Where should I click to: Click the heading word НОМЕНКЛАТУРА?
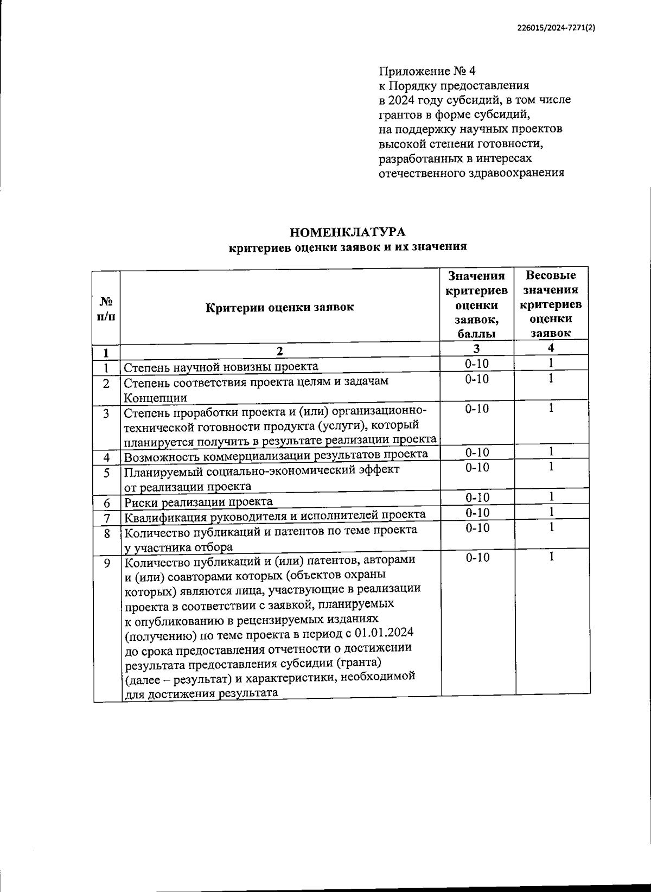click(x=348, y=232)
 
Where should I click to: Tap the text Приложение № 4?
click(x=427, y=71)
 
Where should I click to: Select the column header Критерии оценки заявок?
click(x=279, y=307)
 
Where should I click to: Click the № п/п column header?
click(x=106, y=308)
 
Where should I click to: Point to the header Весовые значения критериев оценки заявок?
click(x=551, y=304)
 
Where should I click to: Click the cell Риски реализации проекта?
click(x=199, y=501)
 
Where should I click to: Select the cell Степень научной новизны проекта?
click(x=221, y=367)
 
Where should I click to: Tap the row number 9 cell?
click(x=106, y=564)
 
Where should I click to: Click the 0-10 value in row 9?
click(x=477, y=558)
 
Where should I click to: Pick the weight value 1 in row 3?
click(x=551, y=408)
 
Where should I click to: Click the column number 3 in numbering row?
click(x=476, y=348)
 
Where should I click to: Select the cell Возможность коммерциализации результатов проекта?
click(x=276, y=454)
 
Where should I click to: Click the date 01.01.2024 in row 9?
click(x=385, y=633)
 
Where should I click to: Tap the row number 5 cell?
click(x=106, y=473)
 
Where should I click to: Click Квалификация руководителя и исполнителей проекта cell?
click(x=275, y=515)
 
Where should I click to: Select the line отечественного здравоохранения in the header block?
click(x=471, y=173)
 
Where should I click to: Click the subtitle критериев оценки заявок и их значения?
click(x=348, y=247)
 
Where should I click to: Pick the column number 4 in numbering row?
click(x=551, y=348)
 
